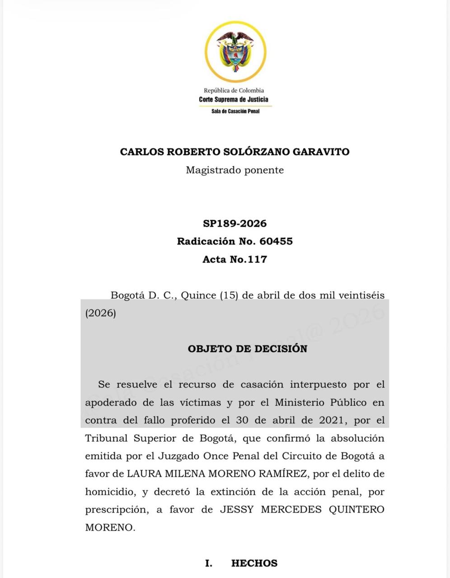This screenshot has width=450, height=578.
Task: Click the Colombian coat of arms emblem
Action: [235, 51]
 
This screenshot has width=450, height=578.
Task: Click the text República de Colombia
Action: [234, 90]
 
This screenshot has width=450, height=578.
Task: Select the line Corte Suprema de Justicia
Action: [234, 99]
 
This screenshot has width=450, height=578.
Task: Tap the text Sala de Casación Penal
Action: [235, 111]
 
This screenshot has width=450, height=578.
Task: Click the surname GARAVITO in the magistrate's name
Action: [321, 152]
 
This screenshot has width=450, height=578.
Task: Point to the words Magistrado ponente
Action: [235, 170]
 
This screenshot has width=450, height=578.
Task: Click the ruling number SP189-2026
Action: [235, 224]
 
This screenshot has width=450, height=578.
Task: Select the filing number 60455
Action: [276, 241]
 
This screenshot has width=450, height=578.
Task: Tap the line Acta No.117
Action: [235, 259]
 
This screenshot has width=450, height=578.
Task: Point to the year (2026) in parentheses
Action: [101, 313]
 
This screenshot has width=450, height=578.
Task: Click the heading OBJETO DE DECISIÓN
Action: [248, 349]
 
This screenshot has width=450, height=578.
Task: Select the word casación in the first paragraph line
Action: [262, 385]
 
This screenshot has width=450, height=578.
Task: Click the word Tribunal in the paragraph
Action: [104, 438]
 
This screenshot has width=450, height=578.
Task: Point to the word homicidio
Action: [110, 492]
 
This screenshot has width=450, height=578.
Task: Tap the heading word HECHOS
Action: [254, 563]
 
